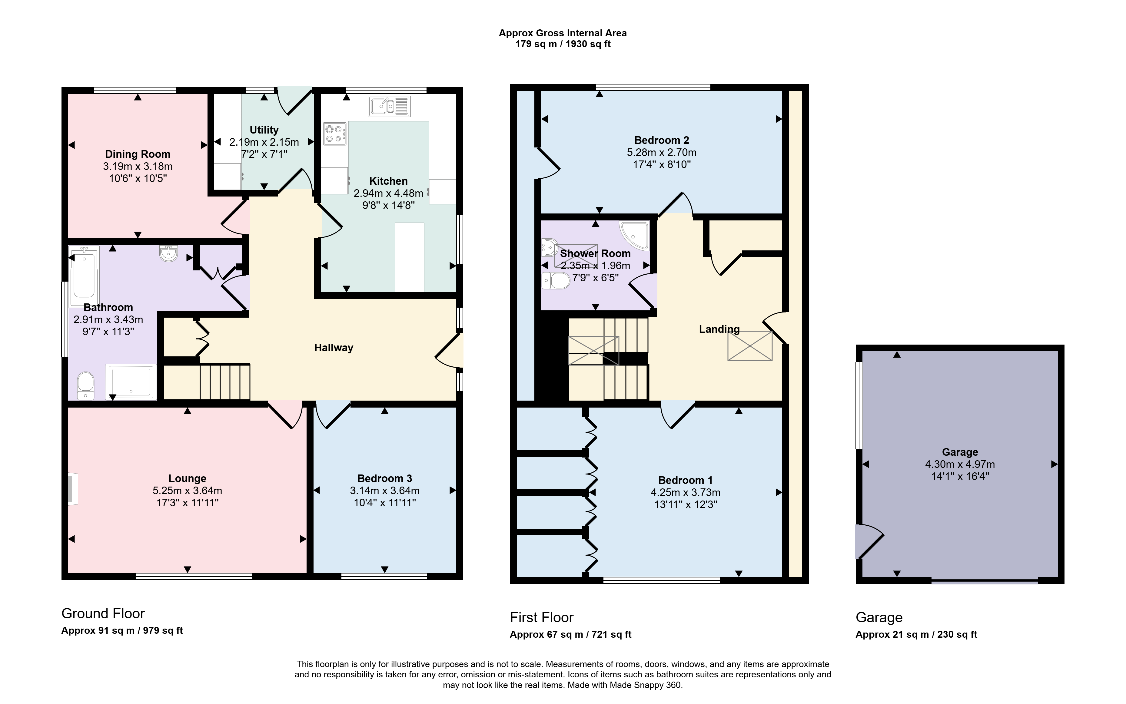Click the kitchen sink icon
(x=389, y=106)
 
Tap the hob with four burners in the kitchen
(x=335, y=134)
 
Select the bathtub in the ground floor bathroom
(x=84, y=276)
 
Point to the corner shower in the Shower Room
(x=634, y=236)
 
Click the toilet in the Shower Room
(x=556, y=281)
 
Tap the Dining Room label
(x=138, y=154)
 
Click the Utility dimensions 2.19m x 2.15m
(x=264, y=142)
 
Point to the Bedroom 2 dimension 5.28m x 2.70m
(x=662, y=152)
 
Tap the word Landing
(x=719, y=329)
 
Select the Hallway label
(x=334, y=348)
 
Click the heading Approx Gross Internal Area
(x=563, y=33)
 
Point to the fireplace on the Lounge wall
(x=73, y=488)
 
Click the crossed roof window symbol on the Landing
(x=750, y=346)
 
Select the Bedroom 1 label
(x=686, y=480)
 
